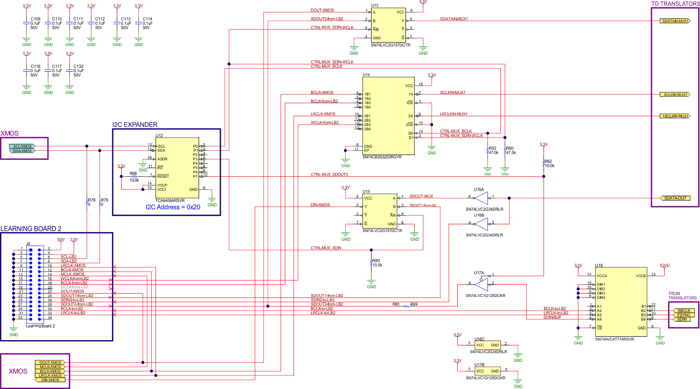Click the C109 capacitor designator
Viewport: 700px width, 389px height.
35,19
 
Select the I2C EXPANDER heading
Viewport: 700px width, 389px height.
135,124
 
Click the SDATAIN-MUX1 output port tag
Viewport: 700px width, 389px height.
674,21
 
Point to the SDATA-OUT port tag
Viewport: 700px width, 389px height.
674,198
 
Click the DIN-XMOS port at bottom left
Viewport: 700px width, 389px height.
50,380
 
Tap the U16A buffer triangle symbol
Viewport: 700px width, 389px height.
482,198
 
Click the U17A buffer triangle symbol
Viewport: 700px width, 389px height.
482,283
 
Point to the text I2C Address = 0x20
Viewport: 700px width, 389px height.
173,207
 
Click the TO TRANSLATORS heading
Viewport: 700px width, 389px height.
675,3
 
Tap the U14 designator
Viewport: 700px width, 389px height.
366,75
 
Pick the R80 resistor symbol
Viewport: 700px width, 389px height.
371,263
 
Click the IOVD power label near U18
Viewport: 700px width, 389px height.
665,265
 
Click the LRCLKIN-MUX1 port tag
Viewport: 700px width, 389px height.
674,116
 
